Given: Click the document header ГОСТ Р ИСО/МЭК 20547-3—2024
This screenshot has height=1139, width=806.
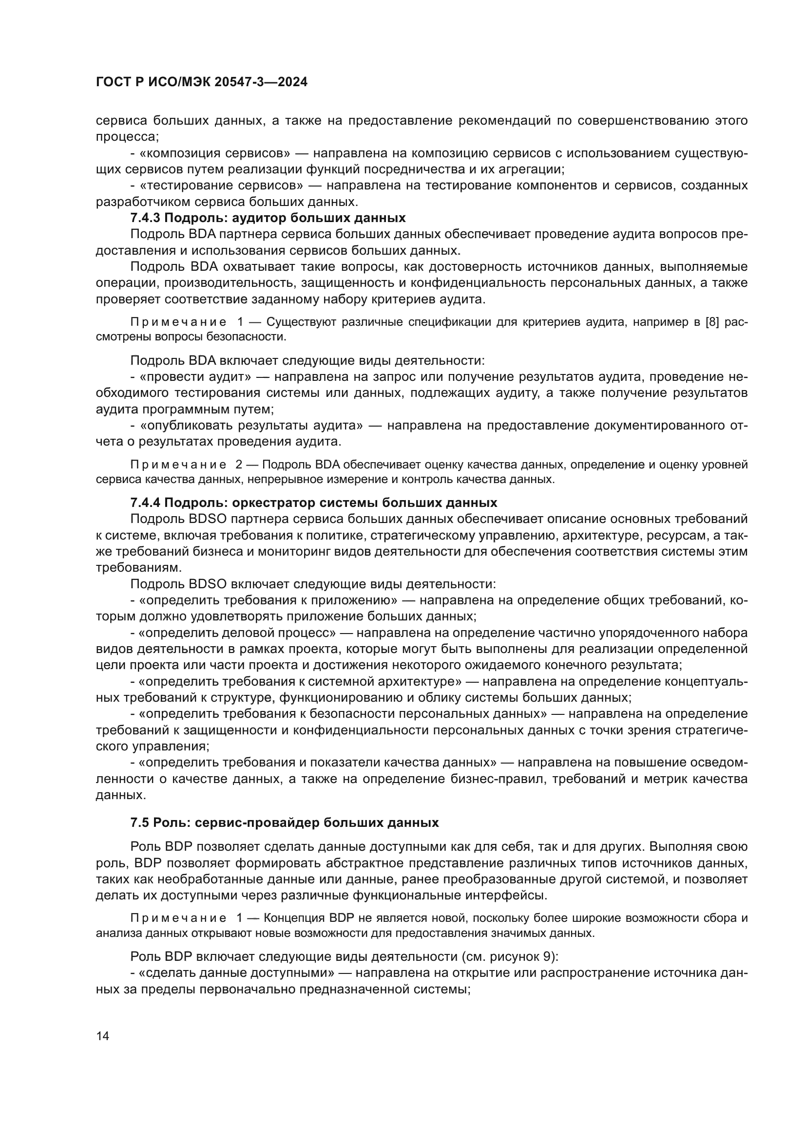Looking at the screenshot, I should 202,82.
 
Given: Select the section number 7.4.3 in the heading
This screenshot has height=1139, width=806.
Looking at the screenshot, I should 145,218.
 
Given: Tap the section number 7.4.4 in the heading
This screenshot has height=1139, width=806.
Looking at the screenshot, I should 145,503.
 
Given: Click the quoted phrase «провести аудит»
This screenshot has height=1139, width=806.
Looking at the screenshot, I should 196,377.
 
